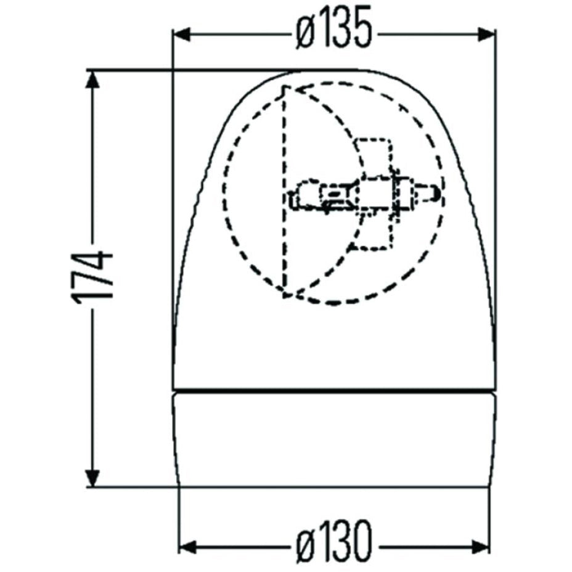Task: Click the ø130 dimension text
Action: tap(333, 545)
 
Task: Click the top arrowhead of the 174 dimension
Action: tap(92, 81)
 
